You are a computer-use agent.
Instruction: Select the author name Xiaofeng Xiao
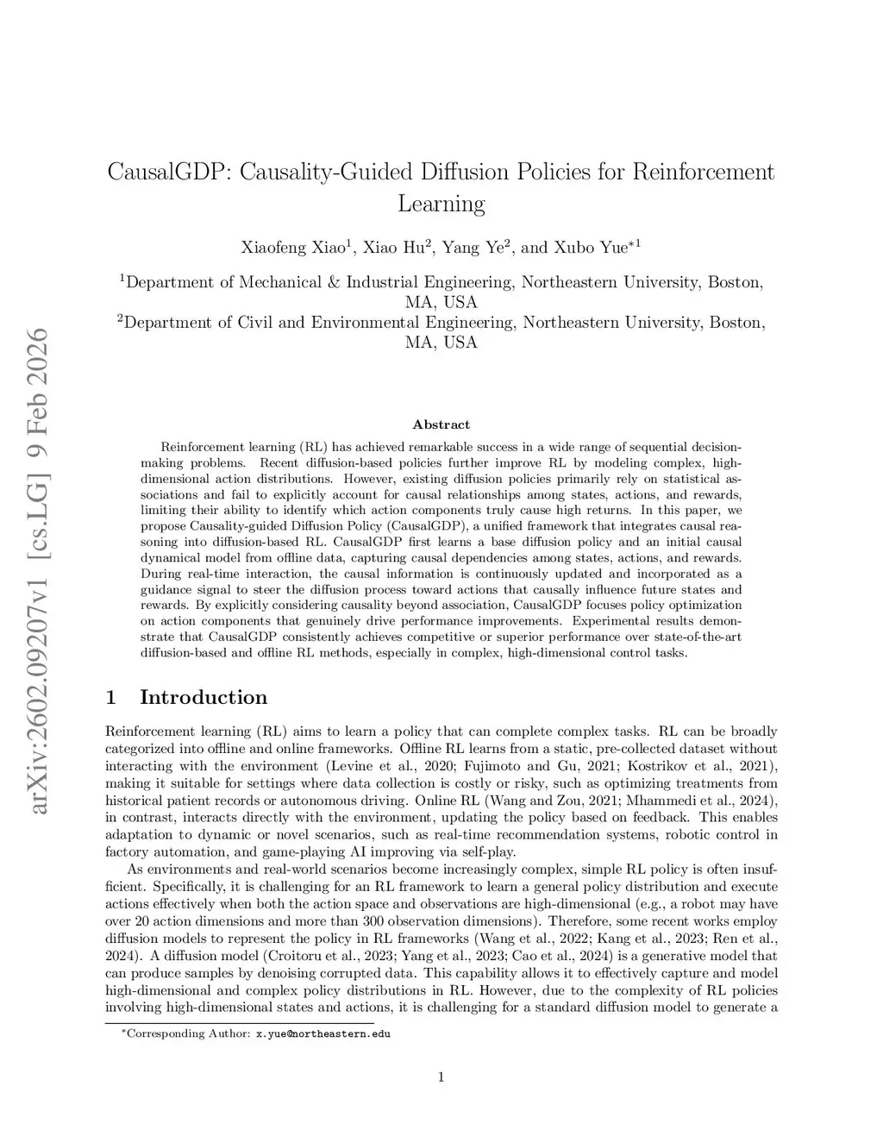tap(292, 248)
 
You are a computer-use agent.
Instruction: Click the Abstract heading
tap(441, 424)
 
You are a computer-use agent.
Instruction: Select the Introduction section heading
tap(204, 697)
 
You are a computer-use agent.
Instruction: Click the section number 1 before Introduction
tap(110, 697)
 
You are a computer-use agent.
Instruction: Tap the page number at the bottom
tap(441, 1076)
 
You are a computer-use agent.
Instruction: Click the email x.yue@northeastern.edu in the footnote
tap(323, 1033)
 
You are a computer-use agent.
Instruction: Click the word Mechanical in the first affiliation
tap(281, 282)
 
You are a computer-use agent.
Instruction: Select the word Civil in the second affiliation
tap(258, 323)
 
